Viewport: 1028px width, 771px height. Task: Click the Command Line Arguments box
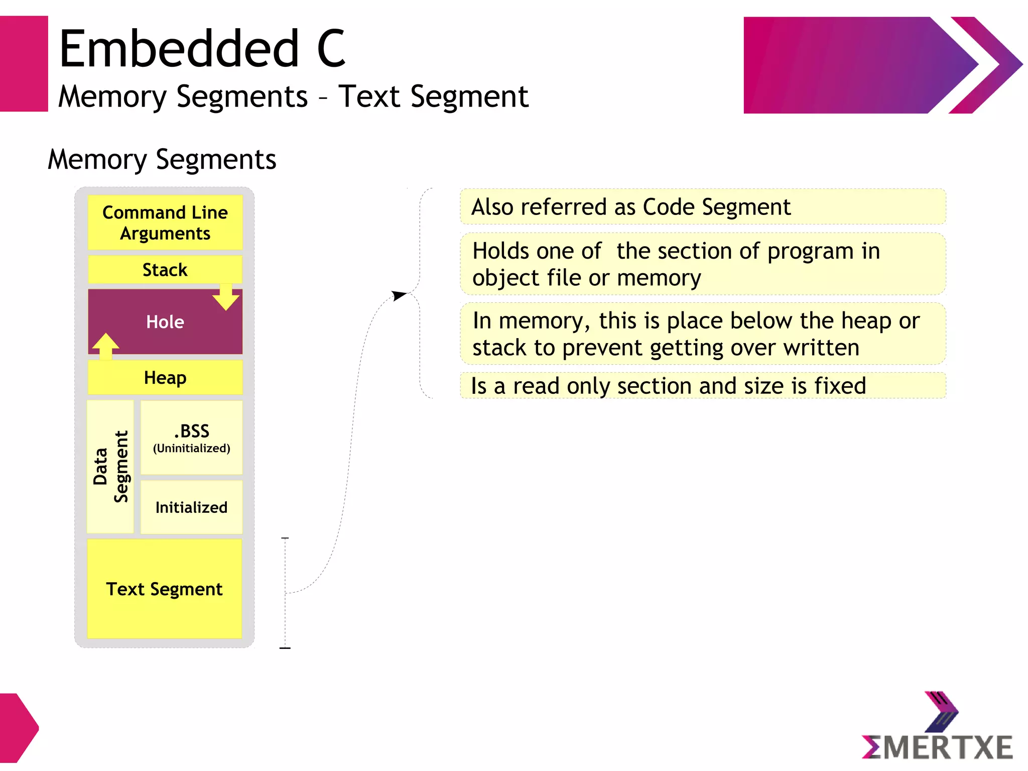click(165, 223)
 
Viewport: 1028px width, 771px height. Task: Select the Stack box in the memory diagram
click(165, 270)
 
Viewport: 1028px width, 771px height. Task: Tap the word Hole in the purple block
click(165, 322)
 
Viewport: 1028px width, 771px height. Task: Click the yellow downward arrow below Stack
click(226, 297)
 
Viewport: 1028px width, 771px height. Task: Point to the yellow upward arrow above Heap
click(105, 346)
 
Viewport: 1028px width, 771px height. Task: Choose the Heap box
click(165, 378)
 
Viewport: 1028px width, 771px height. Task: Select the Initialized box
click(191, 507)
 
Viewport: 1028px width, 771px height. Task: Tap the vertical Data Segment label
click(111, 467)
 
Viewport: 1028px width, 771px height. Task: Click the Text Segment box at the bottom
click(164, 589)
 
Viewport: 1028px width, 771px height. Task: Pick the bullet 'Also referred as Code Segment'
click(630, 207)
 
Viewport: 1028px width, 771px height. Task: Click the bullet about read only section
click(668, 386)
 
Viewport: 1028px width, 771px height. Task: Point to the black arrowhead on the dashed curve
click(399, 295)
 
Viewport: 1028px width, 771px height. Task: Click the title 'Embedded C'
click(202, 49)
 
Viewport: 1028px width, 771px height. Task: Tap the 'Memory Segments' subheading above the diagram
click(162, 160)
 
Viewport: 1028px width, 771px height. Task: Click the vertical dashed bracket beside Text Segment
click(285, 593)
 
